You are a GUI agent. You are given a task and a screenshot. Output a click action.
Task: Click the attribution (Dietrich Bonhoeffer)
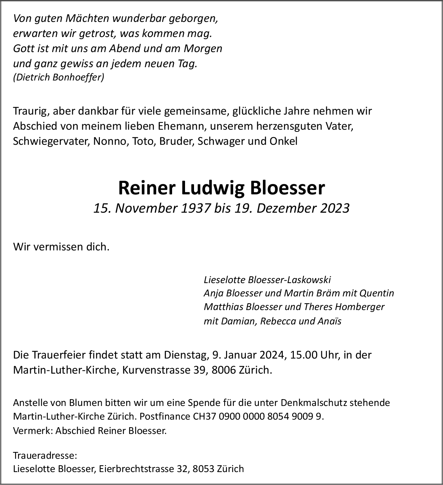[59, 77]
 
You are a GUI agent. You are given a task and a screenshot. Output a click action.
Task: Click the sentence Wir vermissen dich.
[61, 247]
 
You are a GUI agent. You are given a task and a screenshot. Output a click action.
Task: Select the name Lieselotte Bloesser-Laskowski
[267, 280]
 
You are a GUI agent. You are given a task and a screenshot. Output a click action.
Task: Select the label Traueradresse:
[45, 456]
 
